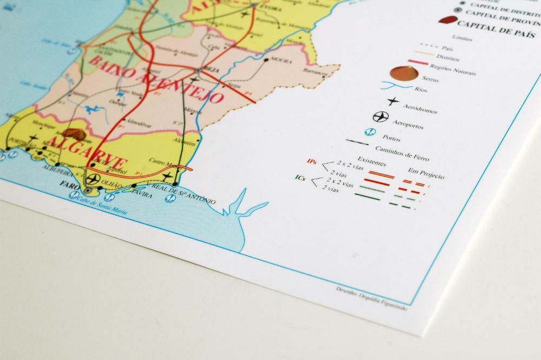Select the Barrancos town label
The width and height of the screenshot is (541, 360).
pyautogui.click(x=316, y=72)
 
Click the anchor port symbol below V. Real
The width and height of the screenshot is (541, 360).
pyautogui.click(x=170, y=198)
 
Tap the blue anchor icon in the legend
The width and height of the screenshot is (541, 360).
pyautogui.click(x=371, y=131)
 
